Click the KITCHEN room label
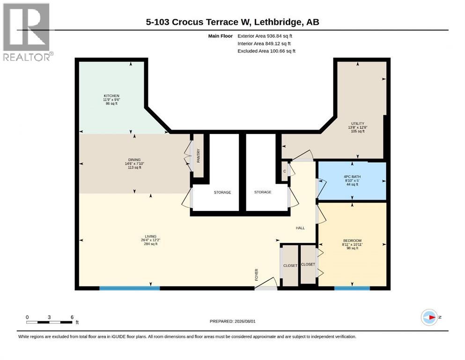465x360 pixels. [x=111, y=96]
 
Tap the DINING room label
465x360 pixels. [x=134, y=160]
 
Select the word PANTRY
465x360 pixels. [x=199, y=156]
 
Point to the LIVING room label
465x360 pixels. [x=151, y=236]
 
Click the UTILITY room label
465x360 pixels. [x=358, y=123]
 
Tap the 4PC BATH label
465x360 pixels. [x=352, y=177]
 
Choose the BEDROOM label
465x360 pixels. [x=352, y=240]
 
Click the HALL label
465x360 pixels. [x=300, y=228]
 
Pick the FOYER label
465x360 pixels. [x=257, y=275]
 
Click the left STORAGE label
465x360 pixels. [x=222, y=192]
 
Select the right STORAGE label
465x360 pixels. [x=263, y=192]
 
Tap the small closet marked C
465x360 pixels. [x=285, y=171]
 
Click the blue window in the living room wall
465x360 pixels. [x=130, y=288]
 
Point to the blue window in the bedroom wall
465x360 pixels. [x=352, y=288]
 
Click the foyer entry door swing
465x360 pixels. [x=266, y=284]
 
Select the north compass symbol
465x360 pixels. [x=429, y=317]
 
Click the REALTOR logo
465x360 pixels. [x=27, y=32]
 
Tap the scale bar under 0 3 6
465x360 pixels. [x=50, y=322]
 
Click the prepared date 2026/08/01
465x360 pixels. [x=245, y=321]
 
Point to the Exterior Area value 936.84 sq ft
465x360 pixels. [x=280, y=36]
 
